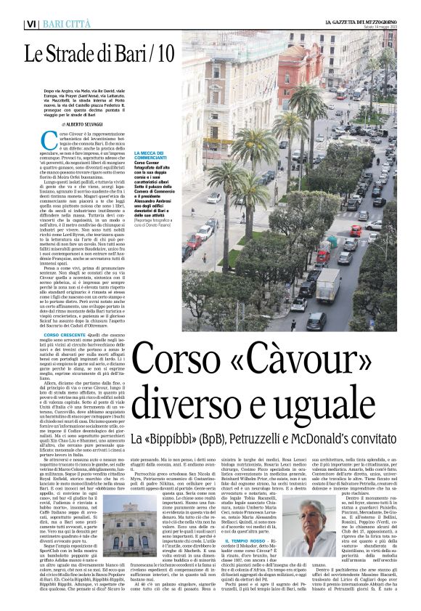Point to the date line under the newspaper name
(377, 28)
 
